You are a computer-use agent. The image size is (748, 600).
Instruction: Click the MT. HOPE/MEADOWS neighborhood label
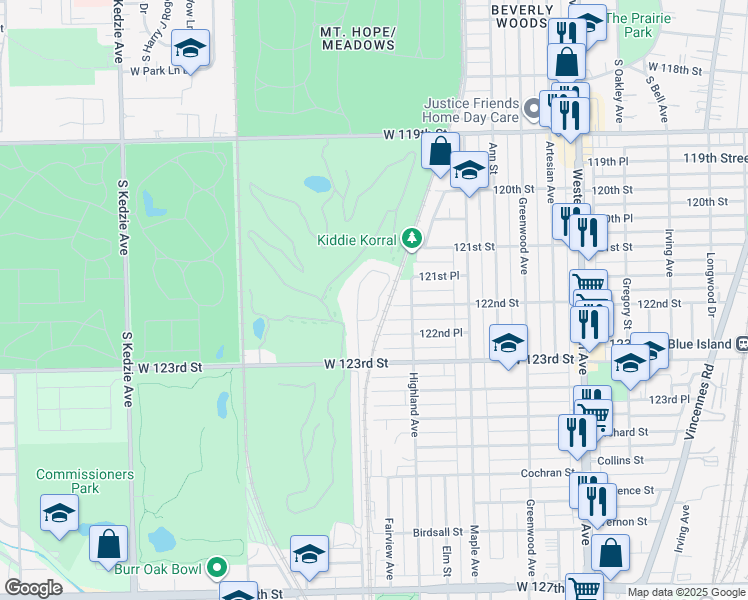tap(358, 38)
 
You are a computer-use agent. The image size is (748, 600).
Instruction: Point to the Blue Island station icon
tap(742, 343)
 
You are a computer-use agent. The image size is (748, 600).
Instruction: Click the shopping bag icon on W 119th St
tap(439, 152)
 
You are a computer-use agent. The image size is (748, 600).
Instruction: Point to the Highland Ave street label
tap(413, 404)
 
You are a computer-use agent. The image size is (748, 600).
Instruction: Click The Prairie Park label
tap(640, 25)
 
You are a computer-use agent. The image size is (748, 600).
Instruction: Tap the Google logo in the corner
tap(33, 588)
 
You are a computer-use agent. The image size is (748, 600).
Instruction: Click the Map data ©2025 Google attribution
tap(686, 592)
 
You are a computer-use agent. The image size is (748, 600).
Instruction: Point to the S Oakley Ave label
tap(619, 90)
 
